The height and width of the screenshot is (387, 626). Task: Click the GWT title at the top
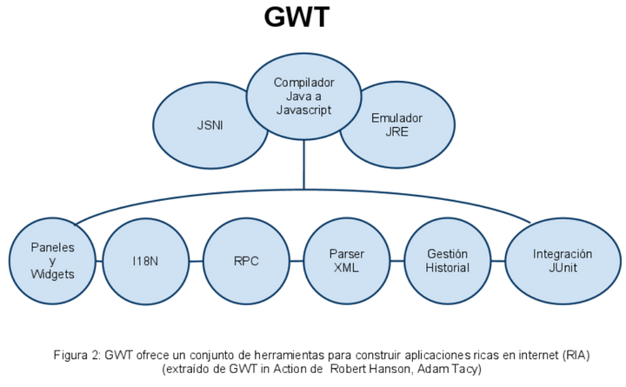tap(296, 17)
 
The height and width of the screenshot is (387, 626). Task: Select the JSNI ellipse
tap(209, 125)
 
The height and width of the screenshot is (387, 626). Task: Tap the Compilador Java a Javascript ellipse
tap(303, 97)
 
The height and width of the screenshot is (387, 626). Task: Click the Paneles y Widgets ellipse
tap(51, 260)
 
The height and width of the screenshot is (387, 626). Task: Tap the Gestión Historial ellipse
tap(447, 260)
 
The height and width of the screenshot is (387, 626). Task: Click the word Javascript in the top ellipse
tap(304, 110)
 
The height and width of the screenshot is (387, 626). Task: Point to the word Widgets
tap(51, 274)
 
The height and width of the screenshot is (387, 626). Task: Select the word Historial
tap(447, 268)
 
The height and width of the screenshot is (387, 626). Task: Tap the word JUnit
tap(563, 268)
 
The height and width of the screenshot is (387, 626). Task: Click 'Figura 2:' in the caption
tap(77, 355)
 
